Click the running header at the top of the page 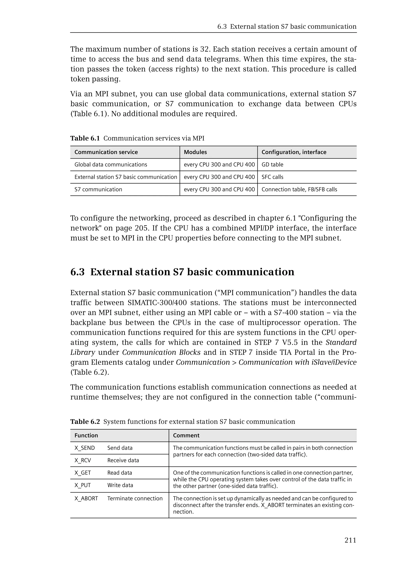pyautogui.click(x=287, y=27)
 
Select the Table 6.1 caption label pyautogui.click(x=85, y=138)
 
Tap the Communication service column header pyautogui.click(x=106, y=152)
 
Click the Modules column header pyautogui.click(x=195, y=152)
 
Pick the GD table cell pyautogui.click(x=272, y=165)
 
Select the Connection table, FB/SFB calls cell pyautogui.click(x=299, y=189)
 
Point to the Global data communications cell pyautogui.click(x=110, y=165)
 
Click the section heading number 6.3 pyautogui.click(x=78, y=272)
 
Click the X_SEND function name pyautogui.click(x=85, y=448)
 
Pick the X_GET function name pyautogui.click(x=82, y=473)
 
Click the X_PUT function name pyautogui.click(x=82, y=485)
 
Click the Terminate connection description pyautogui.click(x=135, y=498)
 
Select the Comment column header pyautogui.click(x=186, y=435)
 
